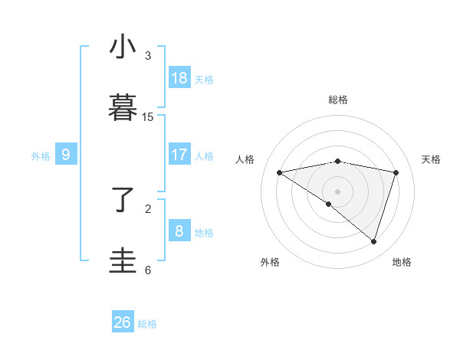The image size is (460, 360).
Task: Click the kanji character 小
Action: (x=123, y=47)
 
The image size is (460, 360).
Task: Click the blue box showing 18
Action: (x=179, y=78)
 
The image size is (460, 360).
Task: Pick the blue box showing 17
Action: (x=179, y=155)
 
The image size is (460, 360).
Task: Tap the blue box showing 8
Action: (x=179, y=231)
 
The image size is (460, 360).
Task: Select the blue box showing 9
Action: (x=66, y=155)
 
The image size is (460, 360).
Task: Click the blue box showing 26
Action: (x=123, y=322)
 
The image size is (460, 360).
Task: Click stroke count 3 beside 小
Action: (x=148, y=56)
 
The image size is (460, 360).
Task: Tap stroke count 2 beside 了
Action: (x=148, y=208)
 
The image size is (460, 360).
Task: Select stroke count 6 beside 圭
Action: (x=148, y=270)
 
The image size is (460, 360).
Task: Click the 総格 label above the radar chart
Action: (x=338, y=100)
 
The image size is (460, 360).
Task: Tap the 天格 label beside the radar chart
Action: (x=431, y=159)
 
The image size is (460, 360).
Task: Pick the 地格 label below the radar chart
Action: (x=402, y=262)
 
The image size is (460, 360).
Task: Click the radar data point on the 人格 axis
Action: (x=280, y=173)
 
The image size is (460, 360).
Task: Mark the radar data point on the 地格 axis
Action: (x=373, y=241)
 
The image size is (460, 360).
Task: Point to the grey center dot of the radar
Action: (x=338, y=191)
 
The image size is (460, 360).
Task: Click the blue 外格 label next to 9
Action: (x=41, y=155)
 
